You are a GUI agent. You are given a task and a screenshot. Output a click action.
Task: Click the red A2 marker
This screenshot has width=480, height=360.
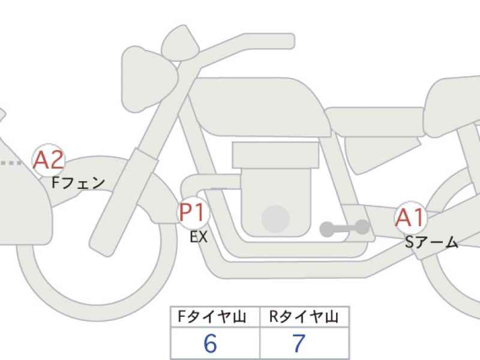pyautogui.click(x=49, y=160)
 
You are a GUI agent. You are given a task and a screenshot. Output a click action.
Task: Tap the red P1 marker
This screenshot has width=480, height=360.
pyautogui.click(x=193, y=213)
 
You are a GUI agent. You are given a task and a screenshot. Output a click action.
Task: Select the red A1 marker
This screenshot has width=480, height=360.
pyautogui.click(x=410, y=217)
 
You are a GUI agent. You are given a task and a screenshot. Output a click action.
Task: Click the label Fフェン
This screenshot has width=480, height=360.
pyautogui.click(x=78, y=183)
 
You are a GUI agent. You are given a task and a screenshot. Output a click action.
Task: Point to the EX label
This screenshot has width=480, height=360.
pyautogui.click(x=199, y=237)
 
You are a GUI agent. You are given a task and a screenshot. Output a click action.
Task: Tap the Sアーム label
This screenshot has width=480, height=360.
pyautogui.click(x=431, y=242)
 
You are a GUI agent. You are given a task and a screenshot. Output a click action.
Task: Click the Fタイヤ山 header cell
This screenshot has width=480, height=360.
pyautogui.click(x=215, y=317)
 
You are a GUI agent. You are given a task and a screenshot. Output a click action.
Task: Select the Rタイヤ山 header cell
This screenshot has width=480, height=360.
pyautogui.click(x=304, y=317)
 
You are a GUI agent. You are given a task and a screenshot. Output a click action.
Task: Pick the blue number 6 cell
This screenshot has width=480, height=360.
pyautogui.click(x=215, y=343)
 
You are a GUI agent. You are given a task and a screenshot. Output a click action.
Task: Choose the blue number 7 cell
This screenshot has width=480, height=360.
pyautogui.click(x=304, y=343)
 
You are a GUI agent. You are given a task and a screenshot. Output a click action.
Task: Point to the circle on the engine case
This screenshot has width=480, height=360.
pyautogui.click(x=276, y=219)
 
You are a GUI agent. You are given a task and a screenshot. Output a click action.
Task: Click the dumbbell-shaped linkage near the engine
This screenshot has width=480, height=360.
pyautogui.click(x=344, y=228)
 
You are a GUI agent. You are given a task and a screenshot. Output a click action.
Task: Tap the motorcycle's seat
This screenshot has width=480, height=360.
pyautogui.click(x=375, y=122)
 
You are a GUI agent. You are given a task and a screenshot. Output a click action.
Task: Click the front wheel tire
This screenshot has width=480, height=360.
pyautogui.click(x=97, y=312)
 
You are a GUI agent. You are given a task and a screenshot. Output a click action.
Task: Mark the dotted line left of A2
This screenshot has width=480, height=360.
pyautogui.click(x=11, y=163)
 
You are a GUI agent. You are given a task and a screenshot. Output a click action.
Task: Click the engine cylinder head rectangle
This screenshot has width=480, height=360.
pyautogui.click(x=275, y=155)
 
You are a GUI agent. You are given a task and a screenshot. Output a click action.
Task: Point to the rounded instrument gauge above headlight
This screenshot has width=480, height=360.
pyautogui.click(x=181, y=43)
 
